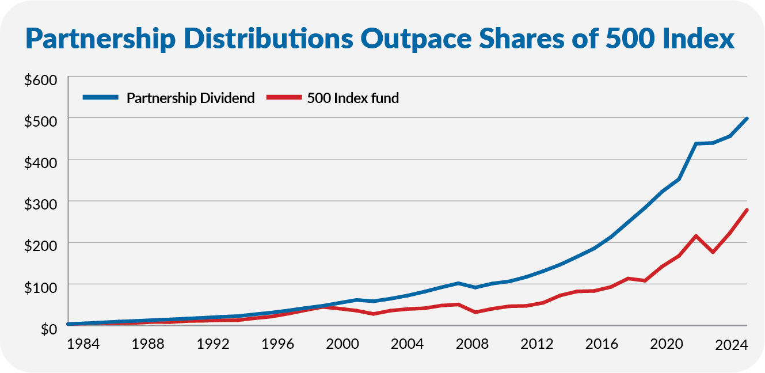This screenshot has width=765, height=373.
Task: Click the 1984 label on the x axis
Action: pos(83,345)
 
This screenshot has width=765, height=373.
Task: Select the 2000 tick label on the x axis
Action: pos(342,345)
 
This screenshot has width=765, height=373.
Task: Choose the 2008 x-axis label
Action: pos(472,345)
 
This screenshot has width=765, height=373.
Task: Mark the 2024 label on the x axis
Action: pos(732,346)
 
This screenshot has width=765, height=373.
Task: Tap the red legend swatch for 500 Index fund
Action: pos(284,98)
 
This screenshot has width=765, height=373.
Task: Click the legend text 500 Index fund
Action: pos(353,98)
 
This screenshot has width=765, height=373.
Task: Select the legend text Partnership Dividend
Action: pos(191,98)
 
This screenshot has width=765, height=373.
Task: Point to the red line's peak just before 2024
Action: pos(697,236)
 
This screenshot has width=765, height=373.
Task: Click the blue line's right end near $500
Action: pos(747,119)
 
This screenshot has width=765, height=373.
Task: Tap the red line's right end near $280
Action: pos(747,210)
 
